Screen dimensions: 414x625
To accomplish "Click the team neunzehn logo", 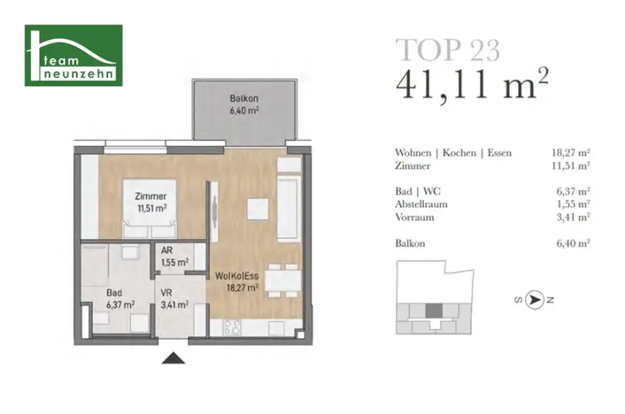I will pos(73,56).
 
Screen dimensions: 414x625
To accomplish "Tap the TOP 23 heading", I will pos(447,50).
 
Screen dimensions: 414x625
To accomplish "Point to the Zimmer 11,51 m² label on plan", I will pos(151,202).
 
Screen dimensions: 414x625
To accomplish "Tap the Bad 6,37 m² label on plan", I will pos(120,297).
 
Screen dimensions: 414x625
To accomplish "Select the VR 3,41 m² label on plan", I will pos(174,297).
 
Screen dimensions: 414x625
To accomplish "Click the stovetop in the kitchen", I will pos(232,327).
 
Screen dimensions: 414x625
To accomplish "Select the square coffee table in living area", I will pos(257,209).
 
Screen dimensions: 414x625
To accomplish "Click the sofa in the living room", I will pos(289,208).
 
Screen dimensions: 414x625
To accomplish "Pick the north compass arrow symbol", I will pos(535,300).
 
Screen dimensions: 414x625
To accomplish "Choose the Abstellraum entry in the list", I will pos(421,204).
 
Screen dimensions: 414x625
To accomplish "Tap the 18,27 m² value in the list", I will pos(570,153).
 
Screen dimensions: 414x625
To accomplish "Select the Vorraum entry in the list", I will pos(414,217).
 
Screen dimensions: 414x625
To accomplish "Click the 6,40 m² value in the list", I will pos(573,243).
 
